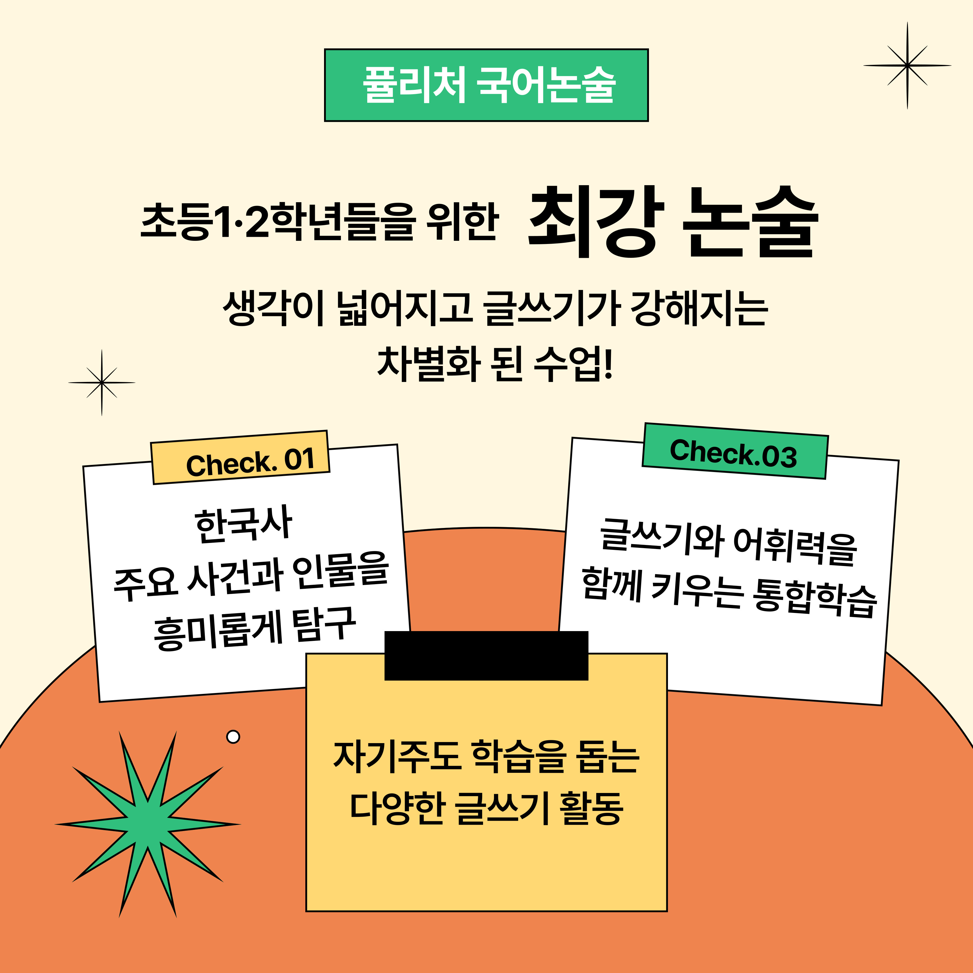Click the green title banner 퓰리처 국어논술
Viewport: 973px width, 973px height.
point(486,85)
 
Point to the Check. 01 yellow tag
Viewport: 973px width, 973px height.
point(240,457)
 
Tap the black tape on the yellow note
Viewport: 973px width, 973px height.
point(486,655)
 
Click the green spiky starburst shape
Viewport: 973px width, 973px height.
point(147,824)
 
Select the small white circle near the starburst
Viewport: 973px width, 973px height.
point(233,737)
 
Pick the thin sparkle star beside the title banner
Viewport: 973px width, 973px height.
point(907,65)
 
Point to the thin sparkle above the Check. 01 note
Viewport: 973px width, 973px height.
point(102,383)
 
